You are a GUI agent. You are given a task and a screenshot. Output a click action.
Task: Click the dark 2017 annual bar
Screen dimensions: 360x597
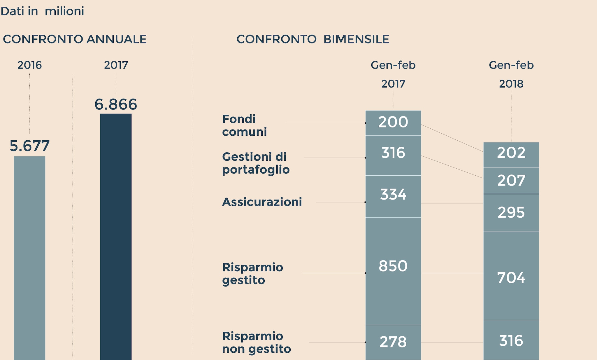[116, 236]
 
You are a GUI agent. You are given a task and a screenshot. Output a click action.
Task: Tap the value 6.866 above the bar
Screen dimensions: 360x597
[116, 104]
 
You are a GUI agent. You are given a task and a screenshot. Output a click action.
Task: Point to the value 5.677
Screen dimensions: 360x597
[29, 146]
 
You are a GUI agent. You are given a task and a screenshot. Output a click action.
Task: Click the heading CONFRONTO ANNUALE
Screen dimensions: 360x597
[75, 39]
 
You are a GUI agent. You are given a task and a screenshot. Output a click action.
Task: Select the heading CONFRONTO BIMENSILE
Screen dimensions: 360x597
[313, 39]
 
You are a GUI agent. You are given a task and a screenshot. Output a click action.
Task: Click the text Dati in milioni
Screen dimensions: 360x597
[42, 11]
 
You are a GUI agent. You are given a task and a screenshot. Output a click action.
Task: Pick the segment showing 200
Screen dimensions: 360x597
[393, 123]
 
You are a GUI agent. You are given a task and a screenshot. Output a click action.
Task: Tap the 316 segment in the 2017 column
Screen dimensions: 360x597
[393, 155]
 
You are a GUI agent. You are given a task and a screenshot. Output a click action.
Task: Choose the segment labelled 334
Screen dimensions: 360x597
[393, 196]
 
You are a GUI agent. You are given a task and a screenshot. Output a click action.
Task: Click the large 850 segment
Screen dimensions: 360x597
[393, 271]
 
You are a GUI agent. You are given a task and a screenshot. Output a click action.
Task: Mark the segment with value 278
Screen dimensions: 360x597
[393, 342]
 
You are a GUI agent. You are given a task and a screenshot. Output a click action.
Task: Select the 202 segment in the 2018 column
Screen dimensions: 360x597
[511, 155]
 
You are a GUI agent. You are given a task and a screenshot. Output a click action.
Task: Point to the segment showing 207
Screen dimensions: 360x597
[511, 181]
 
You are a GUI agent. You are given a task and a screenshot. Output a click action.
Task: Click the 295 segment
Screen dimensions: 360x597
[511, 212]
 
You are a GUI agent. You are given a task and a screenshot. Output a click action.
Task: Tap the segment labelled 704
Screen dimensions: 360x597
[511, 275]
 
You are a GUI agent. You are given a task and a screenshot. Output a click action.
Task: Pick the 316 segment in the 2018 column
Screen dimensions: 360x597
[511, 340]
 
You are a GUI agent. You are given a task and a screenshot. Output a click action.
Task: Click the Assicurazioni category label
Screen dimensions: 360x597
[262, 202]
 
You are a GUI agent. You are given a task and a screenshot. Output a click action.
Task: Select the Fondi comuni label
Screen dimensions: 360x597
[244, 125]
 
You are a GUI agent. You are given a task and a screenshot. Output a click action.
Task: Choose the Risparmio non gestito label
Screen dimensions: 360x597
[256, 342]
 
